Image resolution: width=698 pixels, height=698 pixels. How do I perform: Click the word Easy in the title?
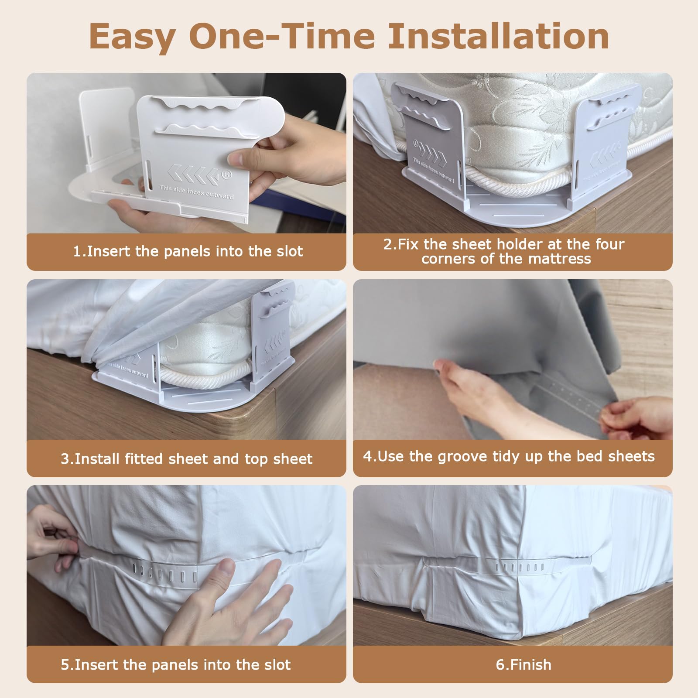pyautogui.click(x=132, y=37)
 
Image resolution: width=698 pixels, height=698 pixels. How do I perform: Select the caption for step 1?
pyautogui.click(x=188, y=251)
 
